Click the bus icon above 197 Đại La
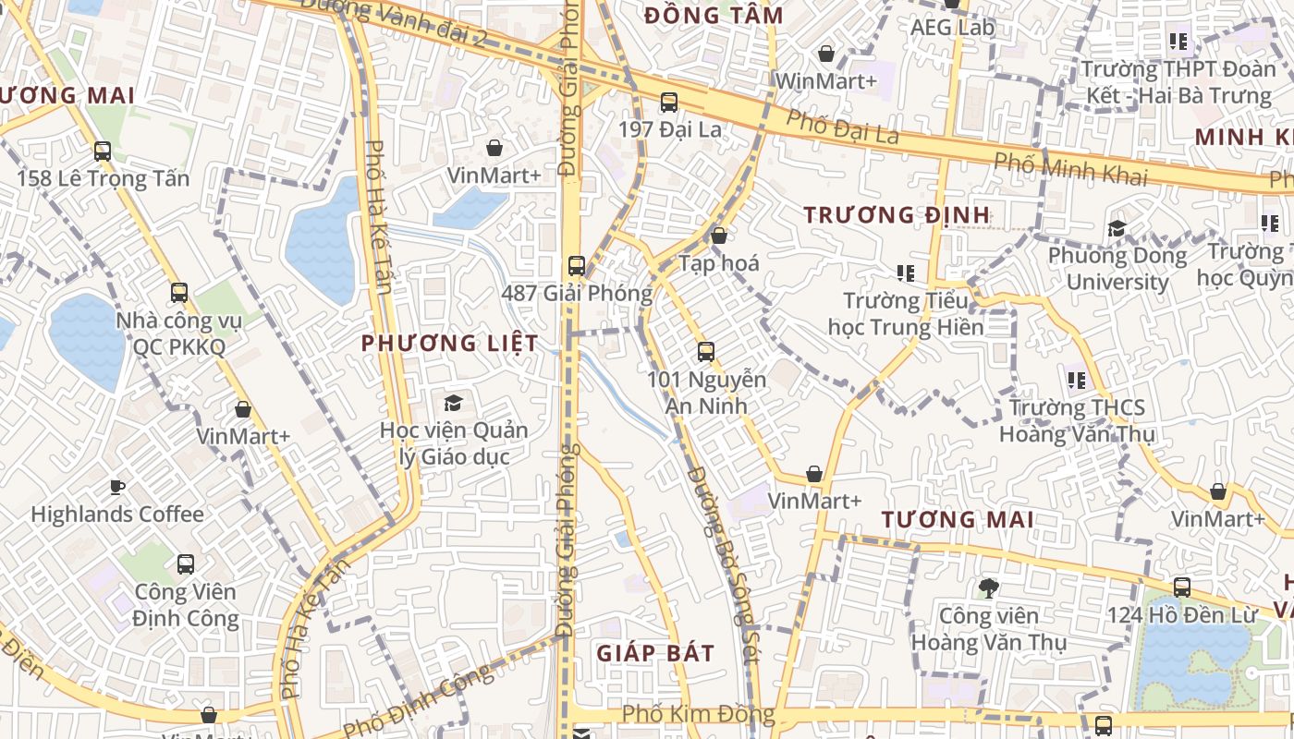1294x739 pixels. click(668, 103)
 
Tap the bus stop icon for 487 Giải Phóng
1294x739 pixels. click(577, 266)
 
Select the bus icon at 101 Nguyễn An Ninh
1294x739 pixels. click(706, 352)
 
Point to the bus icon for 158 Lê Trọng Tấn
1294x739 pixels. click(103, 151)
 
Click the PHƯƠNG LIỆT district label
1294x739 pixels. click(449, 344)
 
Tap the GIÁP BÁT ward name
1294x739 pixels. click(654, 654)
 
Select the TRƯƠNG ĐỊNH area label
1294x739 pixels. click(897, 215)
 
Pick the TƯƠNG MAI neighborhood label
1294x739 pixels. click(957, 520)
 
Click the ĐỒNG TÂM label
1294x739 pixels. click(714, 16)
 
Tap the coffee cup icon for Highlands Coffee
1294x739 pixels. click(116, 487)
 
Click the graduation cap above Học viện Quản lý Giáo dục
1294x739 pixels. click(453, 403)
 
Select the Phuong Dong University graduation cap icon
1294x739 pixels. click(1117, 228)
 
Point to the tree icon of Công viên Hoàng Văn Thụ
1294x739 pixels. click(988, 588)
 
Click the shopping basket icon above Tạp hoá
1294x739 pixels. click(718, 236)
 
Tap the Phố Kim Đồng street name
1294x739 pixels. click(698, 714)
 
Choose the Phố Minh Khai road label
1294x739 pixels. click(1069, 170)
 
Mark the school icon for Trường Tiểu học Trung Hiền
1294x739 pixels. click(905, 273)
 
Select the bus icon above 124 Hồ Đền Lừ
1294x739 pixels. click(1181, 587)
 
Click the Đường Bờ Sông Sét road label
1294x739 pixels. click(723, 563)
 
